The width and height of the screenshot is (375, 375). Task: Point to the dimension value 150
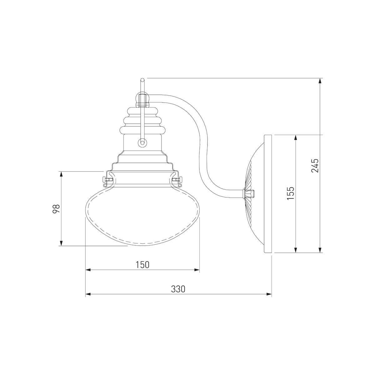click(142, 265)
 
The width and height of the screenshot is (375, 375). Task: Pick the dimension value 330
click(178, 295)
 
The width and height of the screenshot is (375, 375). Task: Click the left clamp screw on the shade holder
click(106, 179)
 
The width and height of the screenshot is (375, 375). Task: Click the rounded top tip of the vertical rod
click(142, 80)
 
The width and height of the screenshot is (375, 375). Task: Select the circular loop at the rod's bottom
click(142, 142)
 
